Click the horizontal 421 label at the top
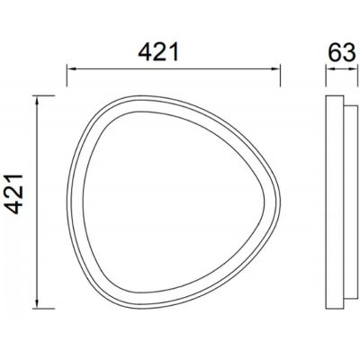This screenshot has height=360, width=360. pos(158,52)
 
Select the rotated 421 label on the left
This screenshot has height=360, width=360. pos(14,194)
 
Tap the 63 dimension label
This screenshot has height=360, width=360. pos(342,52)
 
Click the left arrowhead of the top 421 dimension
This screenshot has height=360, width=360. pos(71,68)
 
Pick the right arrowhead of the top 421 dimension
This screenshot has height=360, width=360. pos(275,68)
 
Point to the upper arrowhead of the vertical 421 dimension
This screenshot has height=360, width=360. pos(37,100)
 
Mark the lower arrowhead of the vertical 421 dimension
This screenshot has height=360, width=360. pos(37,304)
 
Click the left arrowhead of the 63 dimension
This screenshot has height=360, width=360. pos(329,69)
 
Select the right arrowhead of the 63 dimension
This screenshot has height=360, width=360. pos(355,69)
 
